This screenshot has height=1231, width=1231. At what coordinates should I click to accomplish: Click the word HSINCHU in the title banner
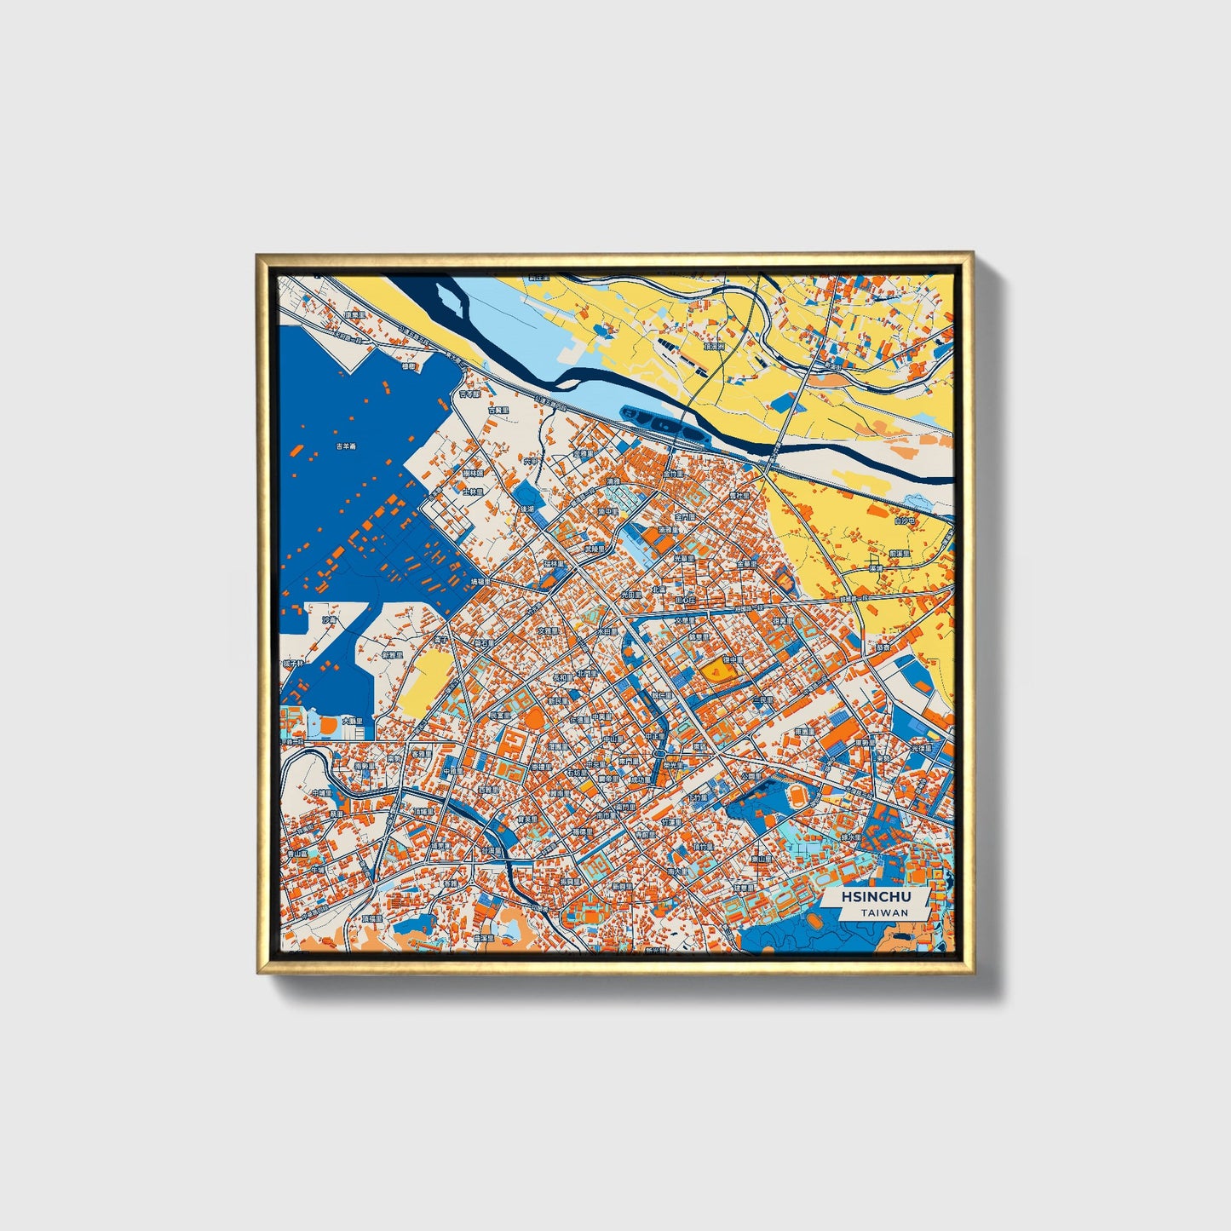point(876,897)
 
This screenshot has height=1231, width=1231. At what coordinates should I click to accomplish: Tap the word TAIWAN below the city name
point(883,912)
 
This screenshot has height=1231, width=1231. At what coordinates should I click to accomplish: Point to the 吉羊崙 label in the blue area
point(345,446)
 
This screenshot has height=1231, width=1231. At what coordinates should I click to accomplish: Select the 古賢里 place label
point(498,410)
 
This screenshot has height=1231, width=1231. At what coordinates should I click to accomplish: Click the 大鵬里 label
point(353,721)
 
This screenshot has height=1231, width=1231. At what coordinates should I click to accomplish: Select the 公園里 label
point(750,777)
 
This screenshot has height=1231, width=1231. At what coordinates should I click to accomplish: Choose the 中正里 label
point(654,735)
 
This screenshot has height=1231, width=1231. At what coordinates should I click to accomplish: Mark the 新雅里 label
point(392,655)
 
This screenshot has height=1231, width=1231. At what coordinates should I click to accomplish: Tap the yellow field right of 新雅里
point(427,680)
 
